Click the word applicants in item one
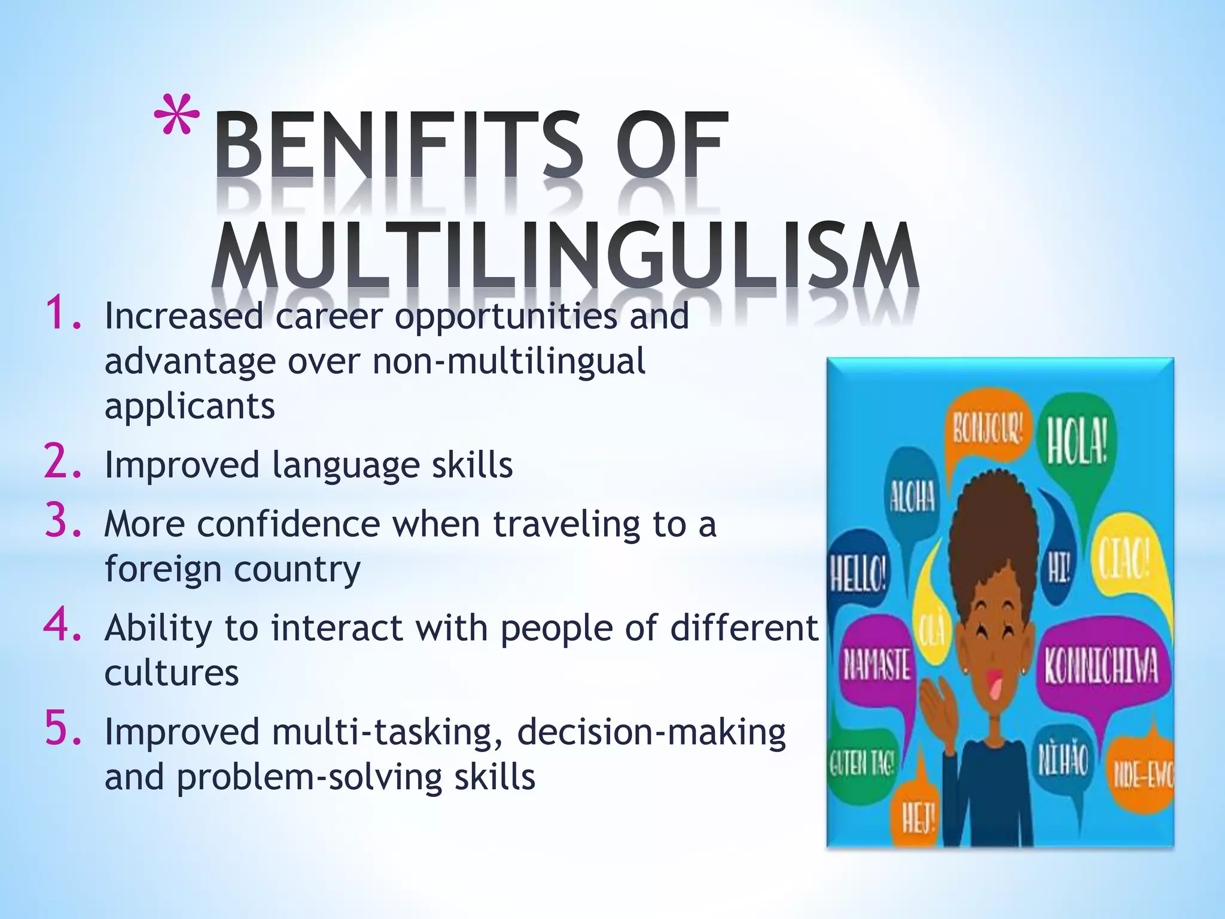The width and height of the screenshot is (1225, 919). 190,407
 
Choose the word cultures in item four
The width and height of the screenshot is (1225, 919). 172,673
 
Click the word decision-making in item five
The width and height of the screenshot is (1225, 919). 651,732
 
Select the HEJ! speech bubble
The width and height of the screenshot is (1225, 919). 918,817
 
